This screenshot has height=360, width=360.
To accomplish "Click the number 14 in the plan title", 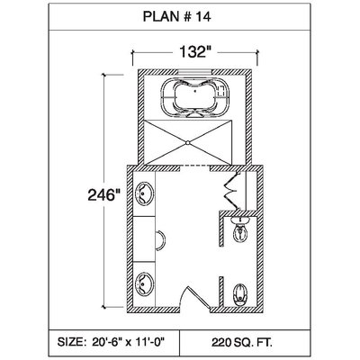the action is [204, 17].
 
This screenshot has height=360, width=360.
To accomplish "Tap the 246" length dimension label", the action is [102, 195].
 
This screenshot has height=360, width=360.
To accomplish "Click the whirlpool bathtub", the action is [195, 97].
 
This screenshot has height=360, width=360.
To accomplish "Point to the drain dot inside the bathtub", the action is [195, 90].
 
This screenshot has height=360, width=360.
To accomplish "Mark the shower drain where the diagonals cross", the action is [188, 142].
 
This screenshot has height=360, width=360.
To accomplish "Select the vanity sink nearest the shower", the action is [144, 193].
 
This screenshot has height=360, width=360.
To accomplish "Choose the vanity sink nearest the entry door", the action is [144, 284].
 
